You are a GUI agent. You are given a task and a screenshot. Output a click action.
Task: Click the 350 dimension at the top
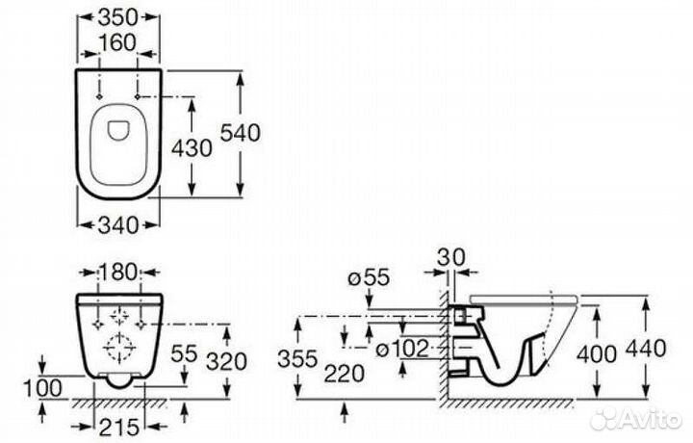[x=118, y=17]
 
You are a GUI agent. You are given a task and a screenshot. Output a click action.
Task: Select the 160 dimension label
[x=116, y=43]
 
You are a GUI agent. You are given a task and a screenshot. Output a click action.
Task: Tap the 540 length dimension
[x=241, y=133]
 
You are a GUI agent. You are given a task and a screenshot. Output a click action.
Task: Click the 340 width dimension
[x=118, y=225]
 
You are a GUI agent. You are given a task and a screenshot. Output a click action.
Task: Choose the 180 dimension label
[x=118, y=272]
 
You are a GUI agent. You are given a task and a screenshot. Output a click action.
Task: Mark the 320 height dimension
[x=227, y=362]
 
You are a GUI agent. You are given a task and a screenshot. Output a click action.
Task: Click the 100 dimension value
[x=42, y=389]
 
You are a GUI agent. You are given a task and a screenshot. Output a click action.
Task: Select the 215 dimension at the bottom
[x=118, y=427]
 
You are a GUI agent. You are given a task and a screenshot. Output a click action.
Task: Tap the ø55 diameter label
[x=369, y=277]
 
